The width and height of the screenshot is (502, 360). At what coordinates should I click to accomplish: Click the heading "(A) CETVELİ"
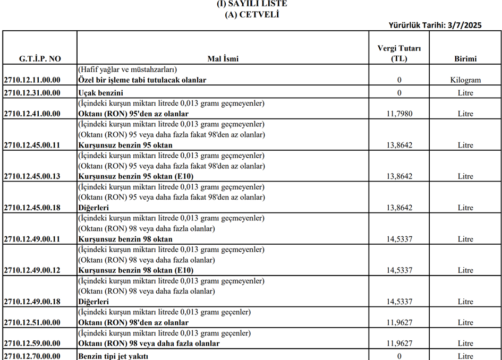click(252, 14)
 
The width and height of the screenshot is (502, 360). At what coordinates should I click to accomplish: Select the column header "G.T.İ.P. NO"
click(40, 59)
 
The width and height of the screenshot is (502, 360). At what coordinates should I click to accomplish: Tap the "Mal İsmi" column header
click(223, 59)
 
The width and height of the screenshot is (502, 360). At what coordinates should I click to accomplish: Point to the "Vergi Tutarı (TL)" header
click(399, 54)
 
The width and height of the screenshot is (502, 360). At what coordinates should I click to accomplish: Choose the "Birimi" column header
click(465, 59)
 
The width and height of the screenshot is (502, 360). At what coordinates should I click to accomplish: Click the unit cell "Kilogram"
click(465, 80)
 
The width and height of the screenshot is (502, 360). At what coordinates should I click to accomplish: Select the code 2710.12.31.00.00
click(32, 93)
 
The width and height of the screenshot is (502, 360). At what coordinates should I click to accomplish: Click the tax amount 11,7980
click(399, 114)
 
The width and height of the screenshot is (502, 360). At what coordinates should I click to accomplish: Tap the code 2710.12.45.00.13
click(32, 176)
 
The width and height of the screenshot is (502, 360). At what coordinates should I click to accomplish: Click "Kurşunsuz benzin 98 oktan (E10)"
click(135, 270)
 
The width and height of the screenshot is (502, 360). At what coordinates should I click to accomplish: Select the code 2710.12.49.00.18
click(32, 302)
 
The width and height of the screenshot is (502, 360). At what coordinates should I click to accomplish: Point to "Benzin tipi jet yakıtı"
click(113, 356)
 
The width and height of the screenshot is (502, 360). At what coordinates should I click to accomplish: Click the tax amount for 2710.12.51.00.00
click(399, 322)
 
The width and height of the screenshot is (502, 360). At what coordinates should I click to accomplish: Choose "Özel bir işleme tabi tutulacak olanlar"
click(142, 80)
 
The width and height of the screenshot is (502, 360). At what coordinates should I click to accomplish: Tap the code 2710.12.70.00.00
click(32, 356)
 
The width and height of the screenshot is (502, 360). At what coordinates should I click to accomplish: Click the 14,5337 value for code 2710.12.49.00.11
click(399, 239)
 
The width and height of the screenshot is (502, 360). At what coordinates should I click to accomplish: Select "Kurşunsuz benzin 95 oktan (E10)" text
click(135, 176)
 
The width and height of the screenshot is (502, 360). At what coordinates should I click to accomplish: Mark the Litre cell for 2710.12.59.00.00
click(465, 344)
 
